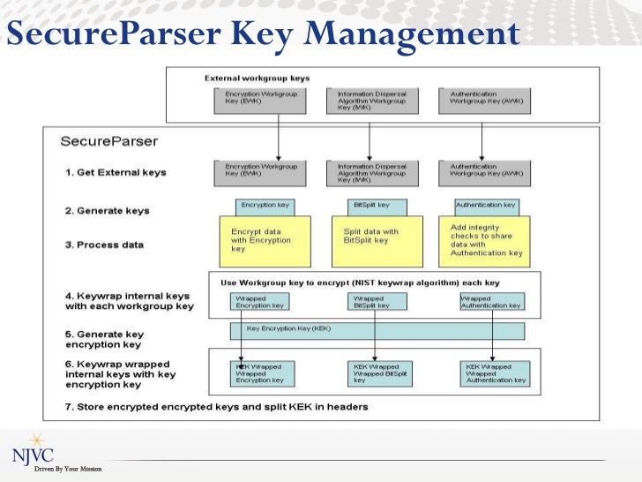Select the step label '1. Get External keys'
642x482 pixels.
tap(115, 172)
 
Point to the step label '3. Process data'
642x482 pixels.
tap(103, 245)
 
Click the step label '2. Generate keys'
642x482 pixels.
tap(107, 211)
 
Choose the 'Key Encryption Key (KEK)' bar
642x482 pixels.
tap(377, 330)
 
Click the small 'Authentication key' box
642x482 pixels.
tap(485, 206)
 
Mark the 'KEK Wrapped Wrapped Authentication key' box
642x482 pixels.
tap(495, 373)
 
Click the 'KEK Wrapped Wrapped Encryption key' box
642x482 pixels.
tap(265, 373)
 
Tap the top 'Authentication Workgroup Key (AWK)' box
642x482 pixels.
tap(483, 100)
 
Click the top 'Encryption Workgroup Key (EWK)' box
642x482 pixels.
tap(260, 100)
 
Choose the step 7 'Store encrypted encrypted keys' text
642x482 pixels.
tap(216, 406)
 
